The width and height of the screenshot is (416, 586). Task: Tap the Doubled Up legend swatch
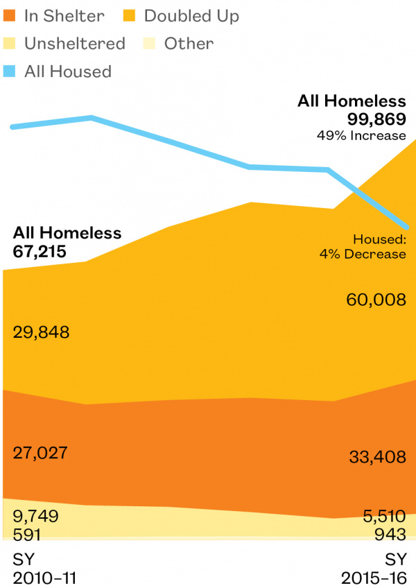tap(133, 15)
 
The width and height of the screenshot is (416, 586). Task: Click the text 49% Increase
tap(361, 134)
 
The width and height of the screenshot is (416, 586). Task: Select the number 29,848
tap(41, 332)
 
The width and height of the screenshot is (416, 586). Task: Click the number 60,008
tap(376, 300)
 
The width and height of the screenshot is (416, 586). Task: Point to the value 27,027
tap(40, 453)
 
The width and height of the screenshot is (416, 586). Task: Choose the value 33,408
tap(376, 456)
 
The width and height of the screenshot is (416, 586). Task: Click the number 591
tap(27, 535)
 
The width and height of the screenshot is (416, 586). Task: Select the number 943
tap(390, 535)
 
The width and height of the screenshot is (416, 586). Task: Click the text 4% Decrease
tap(362, 255)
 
